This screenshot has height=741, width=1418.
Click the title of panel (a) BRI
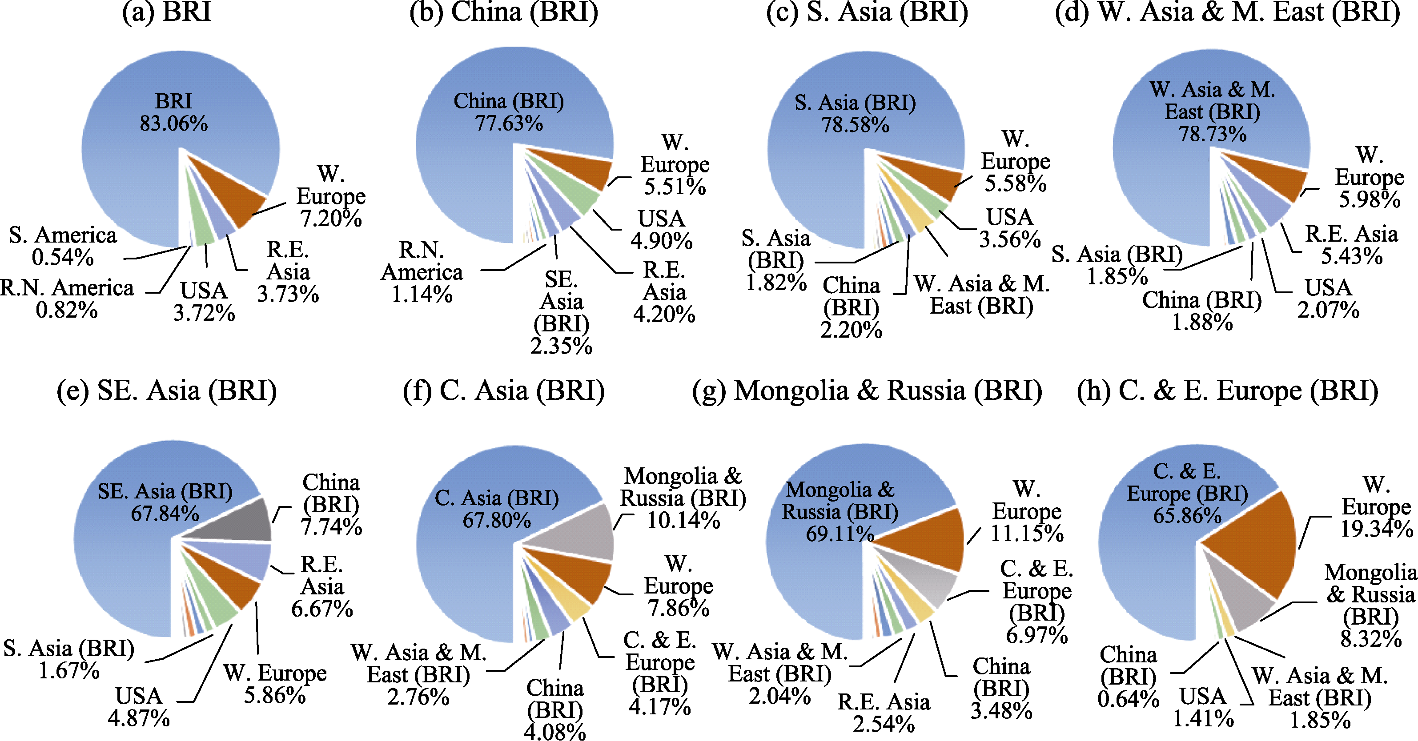coord(167,12)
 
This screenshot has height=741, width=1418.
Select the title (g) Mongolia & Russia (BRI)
coord(867,390)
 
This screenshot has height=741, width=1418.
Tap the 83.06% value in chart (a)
coord(173,123)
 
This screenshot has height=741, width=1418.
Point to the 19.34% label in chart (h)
coord(1376,529)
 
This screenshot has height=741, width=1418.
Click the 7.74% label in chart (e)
coord(331,526)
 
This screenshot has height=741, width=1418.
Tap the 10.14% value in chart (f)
coord(683,520)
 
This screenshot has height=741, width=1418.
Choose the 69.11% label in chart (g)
coord(840,534)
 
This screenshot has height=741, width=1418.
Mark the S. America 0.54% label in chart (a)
coord(63,246)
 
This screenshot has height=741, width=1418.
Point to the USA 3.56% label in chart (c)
coord(1009,228)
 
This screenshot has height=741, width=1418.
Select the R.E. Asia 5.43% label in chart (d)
coord(1351,245)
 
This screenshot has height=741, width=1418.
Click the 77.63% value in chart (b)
coord(509,123)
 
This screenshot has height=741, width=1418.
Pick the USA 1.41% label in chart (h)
coord(1203,707)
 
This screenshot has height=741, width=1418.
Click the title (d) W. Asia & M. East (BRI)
coord(1228,12)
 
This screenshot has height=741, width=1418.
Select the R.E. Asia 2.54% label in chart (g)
coord(884,713)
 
